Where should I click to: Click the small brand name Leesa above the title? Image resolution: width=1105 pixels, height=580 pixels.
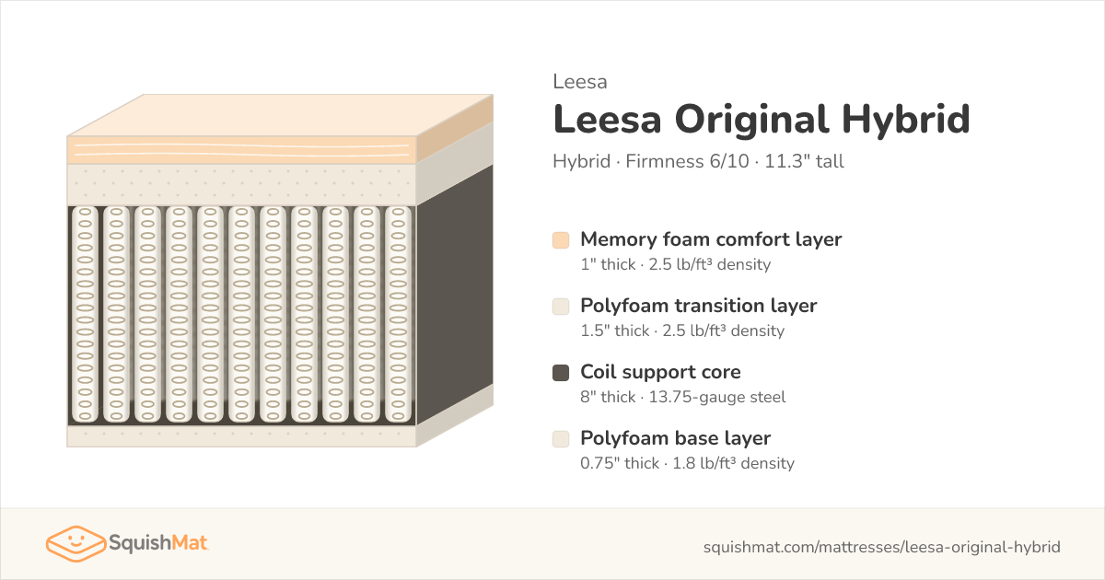click(579, 82)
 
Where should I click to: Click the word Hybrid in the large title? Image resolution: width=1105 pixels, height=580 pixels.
click(906, 120)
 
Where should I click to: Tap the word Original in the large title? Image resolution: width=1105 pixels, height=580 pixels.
click(751, 120)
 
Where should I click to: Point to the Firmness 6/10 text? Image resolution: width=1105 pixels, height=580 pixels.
click(687, 161)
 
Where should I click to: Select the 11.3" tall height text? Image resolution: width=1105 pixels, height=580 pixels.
click(804, 161)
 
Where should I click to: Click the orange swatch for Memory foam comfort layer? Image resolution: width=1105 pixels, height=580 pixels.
click(561, 240)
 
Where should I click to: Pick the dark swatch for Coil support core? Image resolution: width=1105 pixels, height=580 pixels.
click(561, 373)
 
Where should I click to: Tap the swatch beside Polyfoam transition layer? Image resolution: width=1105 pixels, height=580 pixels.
click(561, 307)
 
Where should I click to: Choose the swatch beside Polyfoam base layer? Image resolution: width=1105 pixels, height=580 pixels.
click(561, 439)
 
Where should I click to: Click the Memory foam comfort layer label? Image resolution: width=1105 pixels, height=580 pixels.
click(711, 239)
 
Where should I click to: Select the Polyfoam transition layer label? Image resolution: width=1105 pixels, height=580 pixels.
click(699, 306)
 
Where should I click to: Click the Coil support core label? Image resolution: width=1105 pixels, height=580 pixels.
click(660, 372)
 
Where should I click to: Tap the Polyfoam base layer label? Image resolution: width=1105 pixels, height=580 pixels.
click(675, 438)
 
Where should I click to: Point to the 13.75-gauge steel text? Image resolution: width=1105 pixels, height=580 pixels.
click(716, 397)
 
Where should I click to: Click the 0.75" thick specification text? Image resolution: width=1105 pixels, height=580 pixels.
click(620, 463)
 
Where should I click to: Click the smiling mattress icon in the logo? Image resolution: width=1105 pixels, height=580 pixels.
click(76, 543)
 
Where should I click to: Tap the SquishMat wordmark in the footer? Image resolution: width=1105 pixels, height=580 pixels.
click(157, 543)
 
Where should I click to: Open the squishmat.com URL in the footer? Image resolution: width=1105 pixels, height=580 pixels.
click(881, 547)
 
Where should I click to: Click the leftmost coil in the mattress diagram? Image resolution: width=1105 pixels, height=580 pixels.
click(85, 315)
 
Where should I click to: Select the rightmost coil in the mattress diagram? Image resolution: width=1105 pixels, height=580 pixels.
click(398, 315)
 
